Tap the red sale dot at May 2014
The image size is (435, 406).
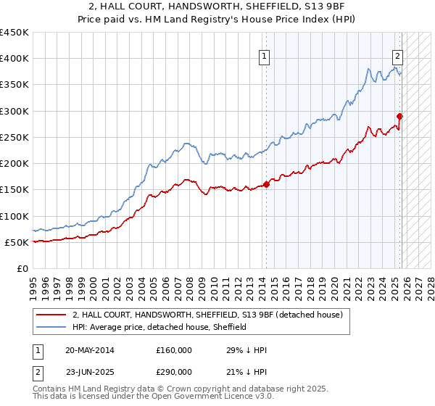266,184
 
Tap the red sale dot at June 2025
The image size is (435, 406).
399,116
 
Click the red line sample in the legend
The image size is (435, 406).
51,315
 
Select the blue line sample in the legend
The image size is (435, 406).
51,327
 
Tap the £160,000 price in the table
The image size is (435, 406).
174,350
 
